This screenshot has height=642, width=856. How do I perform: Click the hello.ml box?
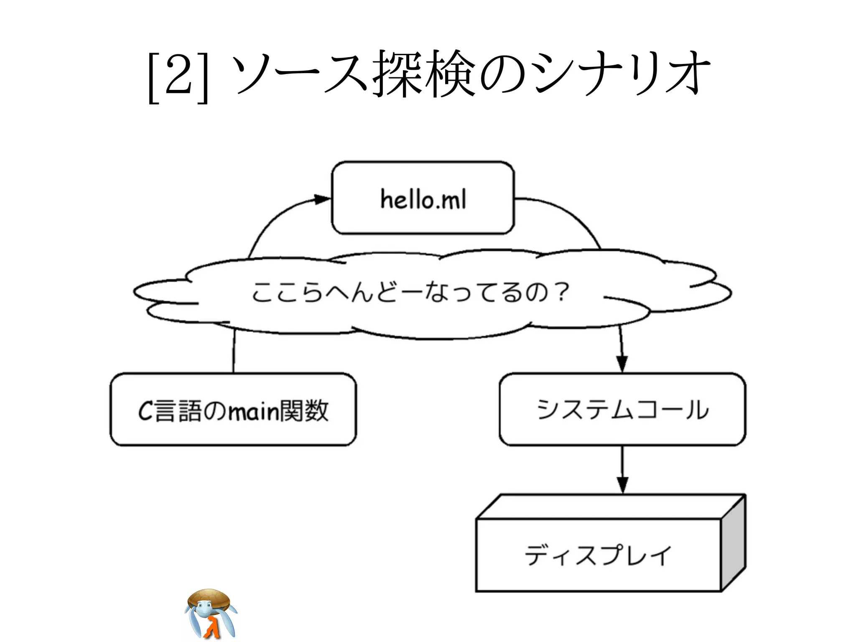(x=423, y=198)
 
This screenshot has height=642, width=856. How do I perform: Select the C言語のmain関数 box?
(x=233, y=410)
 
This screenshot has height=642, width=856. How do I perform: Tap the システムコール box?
(x=622, y=410)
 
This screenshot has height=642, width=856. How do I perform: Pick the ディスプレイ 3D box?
(x=599, y=555)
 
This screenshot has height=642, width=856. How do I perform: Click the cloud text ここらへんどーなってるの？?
(x=410, y=292)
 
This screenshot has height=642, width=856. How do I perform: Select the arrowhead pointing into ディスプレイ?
(x=622, y=485)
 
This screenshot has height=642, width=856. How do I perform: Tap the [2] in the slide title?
(x=178, y=75)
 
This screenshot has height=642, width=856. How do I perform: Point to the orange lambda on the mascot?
(x=212, y=627)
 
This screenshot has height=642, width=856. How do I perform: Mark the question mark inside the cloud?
(x=563, y=291)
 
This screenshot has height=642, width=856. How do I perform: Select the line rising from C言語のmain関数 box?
(x=234, y=351)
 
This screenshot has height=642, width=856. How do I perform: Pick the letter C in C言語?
(x=146, y=411)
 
